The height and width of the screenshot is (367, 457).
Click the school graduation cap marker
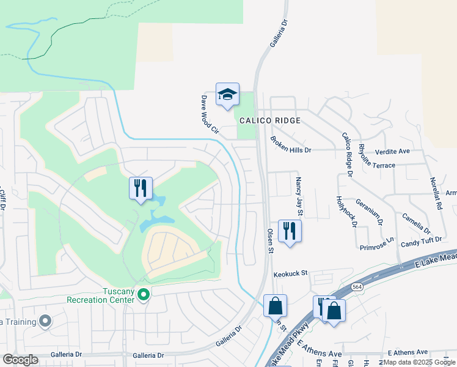pos(227,95)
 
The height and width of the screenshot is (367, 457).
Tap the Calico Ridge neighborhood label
pos(270,120)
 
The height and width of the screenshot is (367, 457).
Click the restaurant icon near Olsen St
pos(290,231)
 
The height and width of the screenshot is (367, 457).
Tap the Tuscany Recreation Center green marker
pos(144,295)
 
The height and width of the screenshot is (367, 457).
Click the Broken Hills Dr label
pos(291,145)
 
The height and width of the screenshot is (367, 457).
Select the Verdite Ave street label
pos(392,150)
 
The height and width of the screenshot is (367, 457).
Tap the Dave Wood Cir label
pos(210,113)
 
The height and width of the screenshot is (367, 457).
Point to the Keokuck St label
pos(290,274)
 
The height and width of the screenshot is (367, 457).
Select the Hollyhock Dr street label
pos(346,211)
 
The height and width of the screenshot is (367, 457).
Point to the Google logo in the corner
pos(21,359)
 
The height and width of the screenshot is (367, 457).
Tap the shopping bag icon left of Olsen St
pos(275,305)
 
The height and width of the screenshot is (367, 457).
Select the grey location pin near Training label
pos(45,321)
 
